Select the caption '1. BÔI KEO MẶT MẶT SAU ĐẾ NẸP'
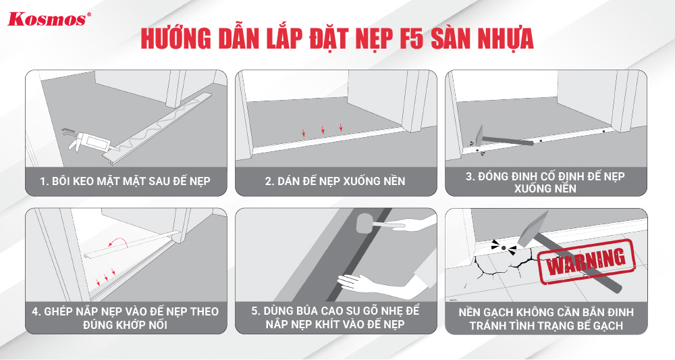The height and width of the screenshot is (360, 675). click(x=126, y=181)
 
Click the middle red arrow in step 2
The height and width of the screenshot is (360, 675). click(x=323, y=130)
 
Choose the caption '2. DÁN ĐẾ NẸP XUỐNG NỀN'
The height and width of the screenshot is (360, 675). click(x=335, y=181)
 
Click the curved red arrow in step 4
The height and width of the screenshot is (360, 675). click(x=118, y=240)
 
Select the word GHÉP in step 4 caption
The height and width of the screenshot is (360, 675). click(x=59, y=311)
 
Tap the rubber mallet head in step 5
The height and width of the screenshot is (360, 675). click(x=365, y=224)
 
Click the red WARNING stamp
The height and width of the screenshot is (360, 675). click(x=586, y=262)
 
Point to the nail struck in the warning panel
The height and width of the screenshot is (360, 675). click(x=503, y=248)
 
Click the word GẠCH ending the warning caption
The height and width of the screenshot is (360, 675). click(x=605, y=326)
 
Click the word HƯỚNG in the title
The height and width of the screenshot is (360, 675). click(x=176, y=38)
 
